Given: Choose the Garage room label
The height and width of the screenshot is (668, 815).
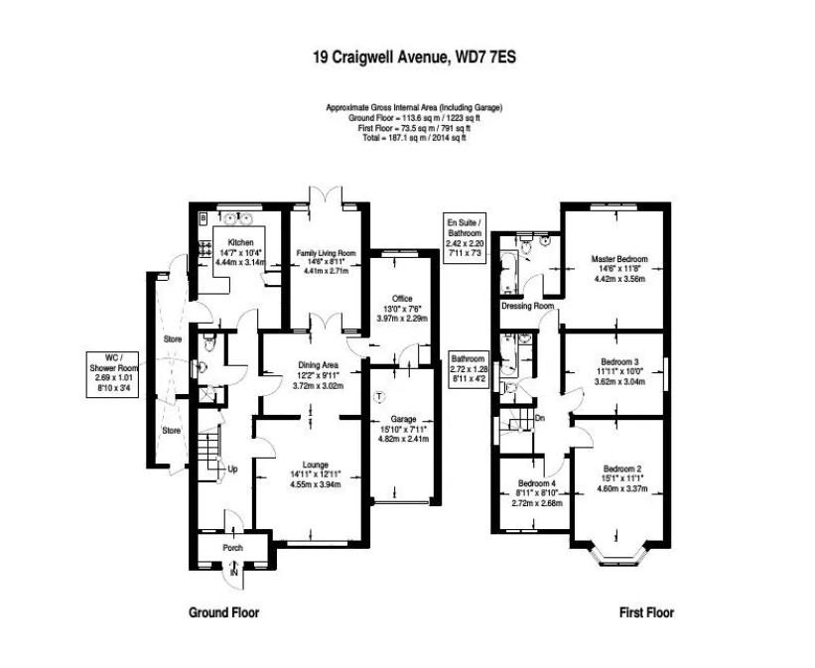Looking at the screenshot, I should click(x=402, y=419).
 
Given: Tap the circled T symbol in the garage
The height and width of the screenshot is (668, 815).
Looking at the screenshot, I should click(x=378, y=397).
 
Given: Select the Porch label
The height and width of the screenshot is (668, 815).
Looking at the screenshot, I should click(x=232, y=548).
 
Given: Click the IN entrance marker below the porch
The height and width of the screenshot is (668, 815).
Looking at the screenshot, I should click(x=234, y=573).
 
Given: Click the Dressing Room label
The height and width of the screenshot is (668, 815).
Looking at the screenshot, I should click(x=527, y=306).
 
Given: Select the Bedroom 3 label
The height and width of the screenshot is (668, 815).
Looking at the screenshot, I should click(x=619, y=360).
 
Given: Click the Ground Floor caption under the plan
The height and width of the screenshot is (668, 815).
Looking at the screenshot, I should click(x=224, y=612).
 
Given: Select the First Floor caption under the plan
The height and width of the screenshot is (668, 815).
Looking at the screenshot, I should click(x=647, y=612).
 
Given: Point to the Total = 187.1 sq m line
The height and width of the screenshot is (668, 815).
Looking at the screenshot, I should click(x=414, y=138).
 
